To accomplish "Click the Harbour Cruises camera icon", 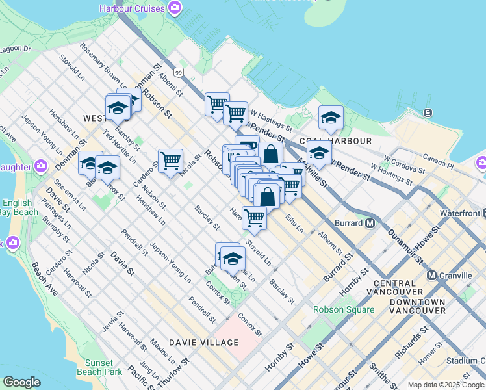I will click(173, 8).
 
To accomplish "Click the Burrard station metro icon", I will click(370, 223).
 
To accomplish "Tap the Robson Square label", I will click(344, 309).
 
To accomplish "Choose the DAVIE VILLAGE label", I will click(203, 342).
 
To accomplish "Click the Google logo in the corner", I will click(21, 382).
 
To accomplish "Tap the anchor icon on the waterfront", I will click(428, 113).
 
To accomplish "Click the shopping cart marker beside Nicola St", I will click(170, 159).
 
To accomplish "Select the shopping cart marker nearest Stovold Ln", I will click(254, 217).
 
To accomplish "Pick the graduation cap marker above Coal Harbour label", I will click(331, 118).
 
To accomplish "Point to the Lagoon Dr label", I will click(16, 49).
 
